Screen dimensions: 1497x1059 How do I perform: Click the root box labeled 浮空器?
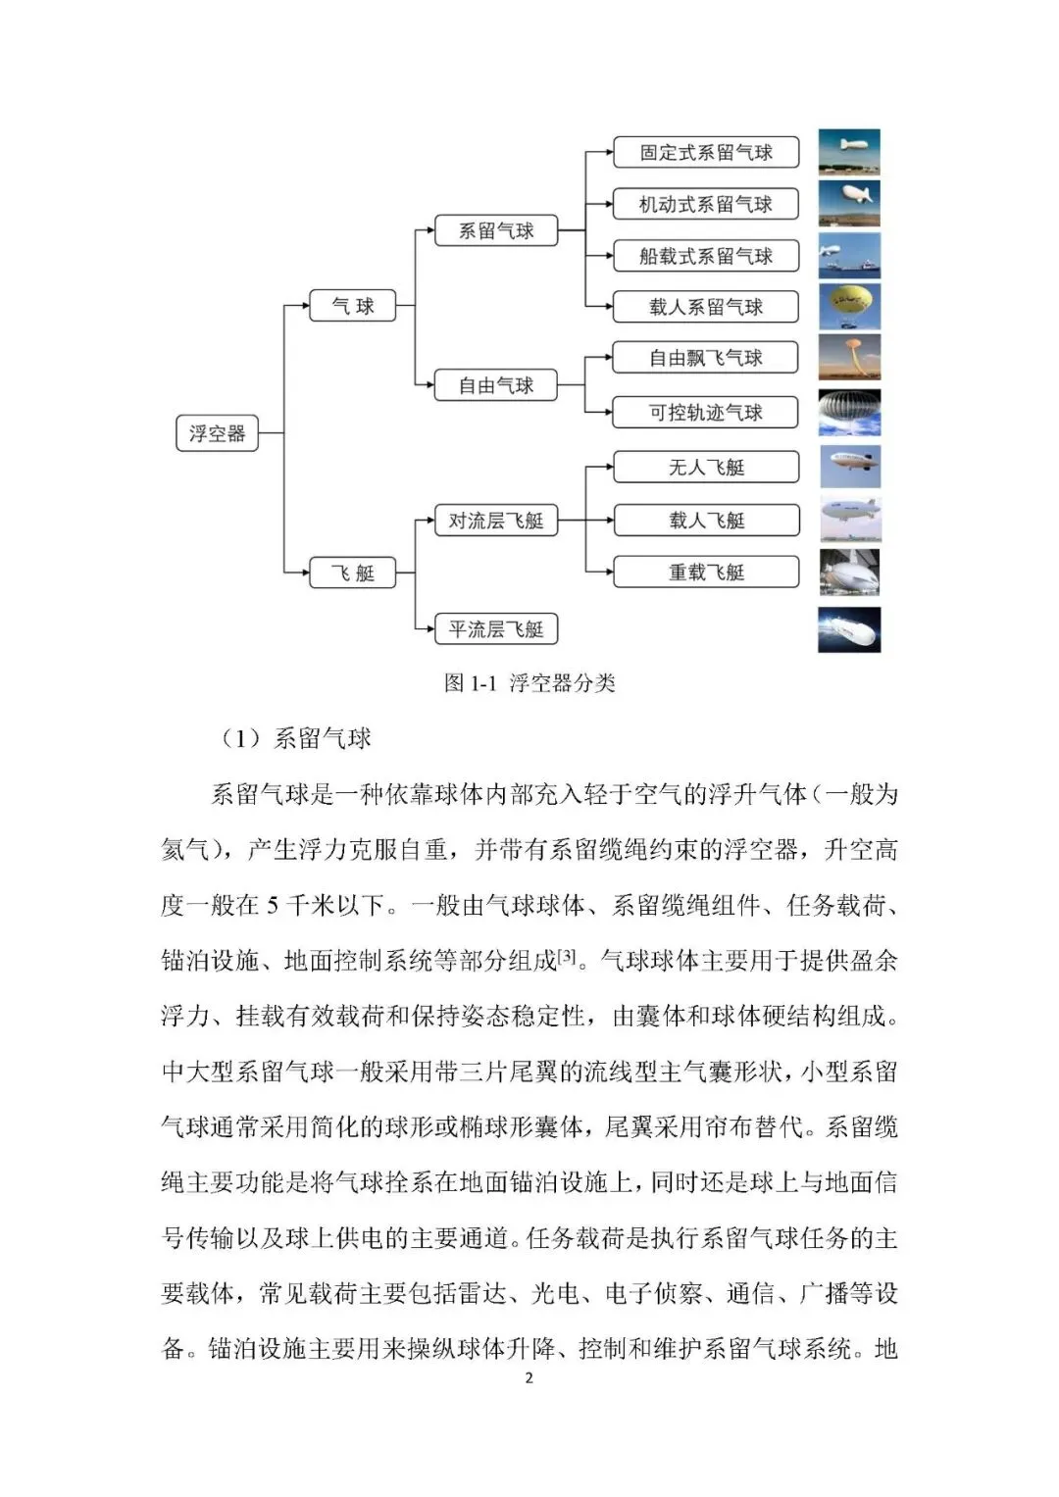pyautogui.click(x=217, y=432)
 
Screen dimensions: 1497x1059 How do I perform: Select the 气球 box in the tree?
pyautogui.click(x=352, y=306)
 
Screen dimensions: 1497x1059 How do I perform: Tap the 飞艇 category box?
pyautogui.click(x=352, y=573)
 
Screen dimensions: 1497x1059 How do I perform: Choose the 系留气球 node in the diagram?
pyautogui.click(x=496, y=231)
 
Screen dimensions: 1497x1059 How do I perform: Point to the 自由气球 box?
pyautogui.click(x=496, y=385)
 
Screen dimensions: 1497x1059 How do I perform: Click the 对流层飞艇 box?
pyautogui.click(x=496, y=521)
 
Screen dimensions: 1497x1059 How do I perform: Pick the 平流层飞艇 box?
pyautogui.click(x=496, y=629)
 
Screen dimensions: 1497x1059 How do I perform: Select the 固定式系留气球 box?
pyautogui.click(x=706, y=152)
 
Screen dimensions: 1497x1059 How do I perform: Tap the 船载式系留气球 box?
pyautogui.click(x=706, y=256)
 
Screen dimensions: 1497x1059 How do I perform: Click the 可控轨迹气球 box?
pyautogui.click(x=706, y=413)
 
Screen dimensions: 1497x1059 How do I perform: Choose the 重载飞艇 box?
pyautogui.click(x=706, y=573)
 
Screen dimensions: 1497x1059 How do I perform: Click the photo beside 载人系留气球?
pyautogui.click(x=849, y=306)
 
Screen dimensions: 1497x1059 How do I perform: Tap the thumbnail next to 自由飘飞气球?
pyautogui.click(x=849, y=358)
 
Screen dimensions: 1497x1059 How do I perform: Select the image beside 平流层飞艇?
pyautogui.click(x=849, y=629)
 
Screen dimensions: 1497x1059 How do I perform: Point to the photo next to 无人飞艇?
pyautogui.click(x=849, y=468)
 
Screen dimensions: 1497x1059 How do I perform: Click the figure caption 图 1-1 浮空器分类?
pyautogui.click(x=529, y=683)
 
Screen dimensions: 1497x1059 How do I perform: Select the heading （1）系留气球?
pyautogui.click(x=296, y=738)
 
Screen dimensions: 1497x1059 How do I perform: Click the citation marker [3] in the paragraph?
pyautogui.click(x=567, y=956)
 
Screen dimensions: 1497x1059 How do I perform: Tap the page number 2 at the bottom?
pyautogui.click(x=529, y=1377)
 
